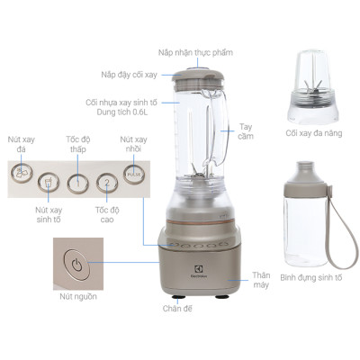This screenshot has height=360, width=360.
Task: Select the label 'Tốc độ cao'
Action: [x=107, y=215]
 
